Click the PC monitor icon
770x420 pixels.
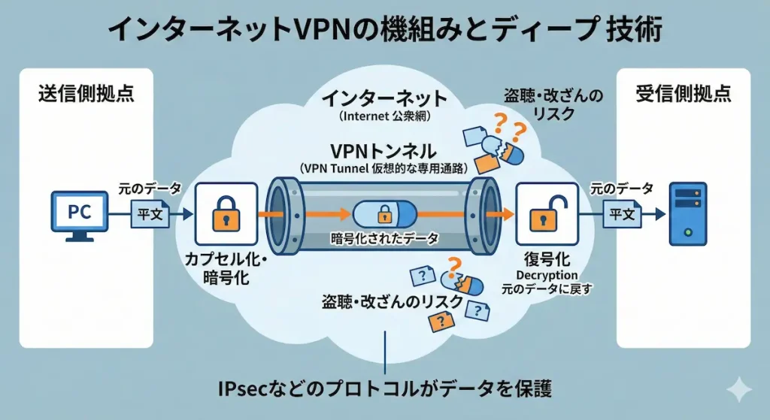79,214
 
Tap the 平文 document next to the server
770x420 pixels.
621,214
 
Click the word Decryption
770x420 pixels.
547,276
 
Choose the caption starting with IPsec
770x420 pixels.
384,388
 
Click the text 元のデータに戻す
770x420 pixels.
547,289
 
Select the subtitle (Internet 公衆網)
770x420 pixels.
383,117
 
